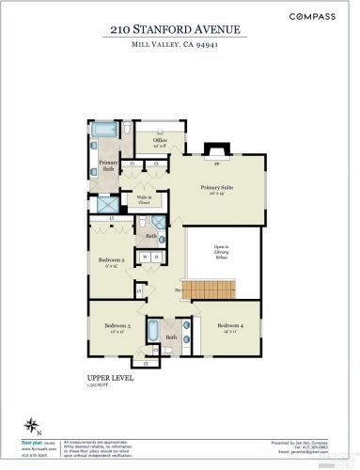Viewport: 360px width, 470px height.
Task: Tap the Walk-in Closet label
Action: coord(144,200)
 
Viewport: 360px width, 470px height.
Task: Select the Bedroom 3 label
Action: coord(117,327)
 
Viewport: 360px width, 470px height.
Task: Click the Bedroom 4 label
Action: coord(229,327)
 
